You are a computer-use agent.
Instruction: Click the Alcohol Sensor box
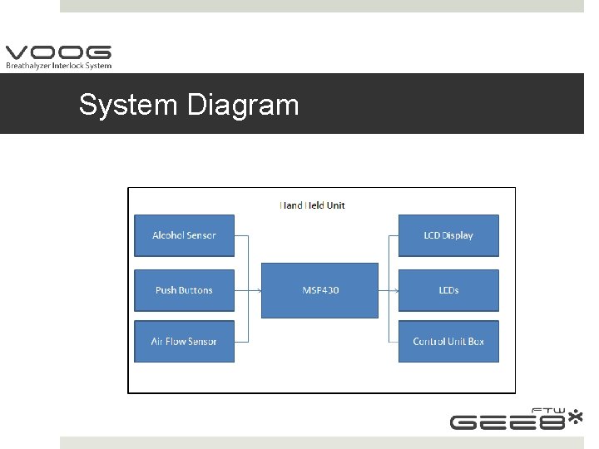coord(184,235)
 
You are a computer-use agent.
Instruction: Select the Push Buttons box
coord(184,290)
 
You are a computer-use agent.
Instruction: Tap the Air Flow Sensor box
coord(184,342)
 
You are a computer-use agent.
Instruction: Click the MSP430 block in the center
coord(319,290)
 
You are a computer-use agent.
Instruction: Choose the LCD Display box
coord(448,235)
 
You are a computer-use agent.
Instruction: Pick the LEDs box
coord(448,290)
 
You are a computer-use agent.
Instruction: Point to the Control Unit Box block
coord(448,342)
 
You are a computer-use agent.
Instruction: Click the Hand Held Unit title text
coord(312,205)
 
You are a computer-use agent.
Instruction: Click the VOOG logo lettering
coord(58,52)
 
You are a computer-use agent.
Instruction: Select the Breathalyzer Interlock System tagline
coord(58,66)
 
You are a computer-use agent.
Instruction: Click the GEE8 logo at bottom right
coord(507,422)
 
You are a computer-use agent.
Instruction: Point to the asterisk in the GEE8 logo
coord(575,417)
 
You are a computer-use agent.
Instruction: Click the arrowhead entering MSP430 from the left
coord(259,290)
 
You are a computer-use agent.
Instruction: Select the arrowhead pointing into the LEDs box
coord(396,290)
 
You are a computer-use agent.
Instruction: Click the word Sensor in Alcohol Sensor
coord(200,235)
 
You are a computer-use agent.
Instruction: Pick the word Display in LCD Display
coord(458,235)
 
